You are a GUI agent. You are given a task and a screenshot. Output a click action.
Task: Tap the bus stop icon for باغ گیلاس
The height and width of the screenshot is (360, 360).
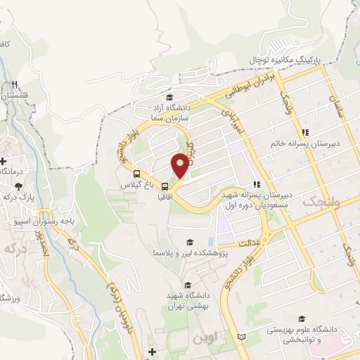pyautogui.click(x=136, y=174)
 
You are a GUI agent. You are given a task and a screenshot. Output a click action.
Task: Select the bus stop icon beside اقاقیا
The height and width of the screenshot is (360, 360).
pyautogui.click(x=165, y=186)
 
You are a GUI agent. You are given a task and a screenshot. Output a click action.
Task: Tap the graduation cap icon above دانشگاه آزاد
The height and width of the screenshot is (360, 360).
pyautogui.click(x=168, y=97)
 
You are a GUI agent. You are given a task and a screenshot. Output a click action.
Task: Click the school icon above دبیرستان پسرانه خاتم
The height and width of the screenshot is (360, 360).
pyautogui.click(x=305, y=131)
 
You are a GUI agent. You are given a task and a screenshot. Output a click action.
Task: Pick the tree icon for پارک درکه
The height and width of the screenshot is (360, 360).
pyautogui.click(x=20, y=186)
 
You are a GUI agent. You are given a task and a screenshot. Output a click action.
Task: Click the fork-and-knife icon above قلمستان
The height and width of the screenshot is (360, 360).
pyautogui.click(x=13, y=84)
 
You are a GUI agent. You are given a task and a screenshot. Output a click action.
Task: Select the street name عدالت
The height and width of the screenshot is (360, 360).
pyautogui.click(x=252, y=243)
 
